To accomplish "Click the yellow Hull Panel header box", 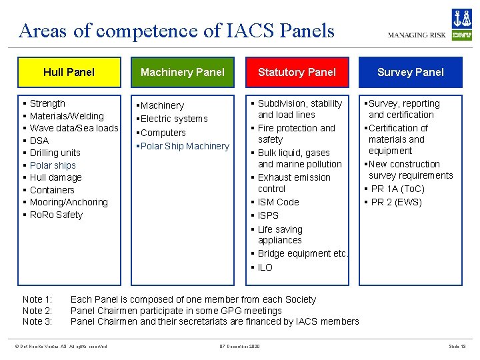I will pyautogui.click(x=69, y=72).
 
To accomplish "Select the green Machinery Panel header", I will pyautogui.click(x=183, y=72).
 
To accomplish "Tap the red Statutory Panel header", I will pyautogui.click(x=297, y=72).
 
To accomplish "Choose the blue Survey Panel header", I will pyautogui.click(x=410, y=72).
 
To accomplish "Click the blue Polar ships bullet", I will pyautogui.click(x=53, y=165).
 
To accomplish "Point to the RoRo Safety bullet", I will pyautogui.click(x=56, y=215).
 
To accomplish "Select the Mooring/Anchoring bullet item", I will pyautogui.click(x=69, y=202).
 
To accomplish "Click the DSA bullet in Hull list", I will pyautogui.click(x=39, y=141).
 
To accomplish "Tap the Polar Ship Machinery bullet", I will pyautogui.click(x=185, y=146).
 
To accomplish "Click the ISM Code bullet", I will pyautogui.click(x=278, y=202).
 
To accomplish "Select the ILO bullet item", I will pyautogui.click(x=265, y=267).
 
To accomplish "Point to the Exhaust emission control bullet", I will pyautogui.click(x=293, y=183).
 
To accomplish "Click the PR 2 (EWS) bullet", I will pyautogui.click(x=396, y=202).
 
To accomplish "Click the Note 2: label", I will pyautogui.click(x=37, y=311).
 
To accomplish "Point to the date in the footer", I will pyautogui.click(x=239, y=346).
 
